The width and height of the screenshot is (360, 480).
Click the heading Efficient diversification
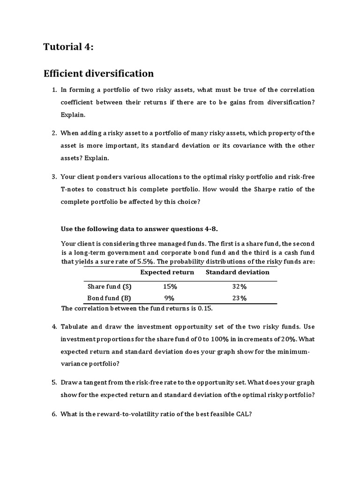click(98, 73)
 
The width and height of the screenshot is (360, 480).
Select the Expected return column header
click(167, 272)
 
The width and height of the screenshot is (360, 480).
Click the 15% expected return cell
click(170, 286)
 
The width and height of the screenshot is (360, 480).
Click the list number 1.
click(54, 90)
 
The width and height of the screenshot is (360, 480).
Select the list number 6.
click(54, 414)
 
